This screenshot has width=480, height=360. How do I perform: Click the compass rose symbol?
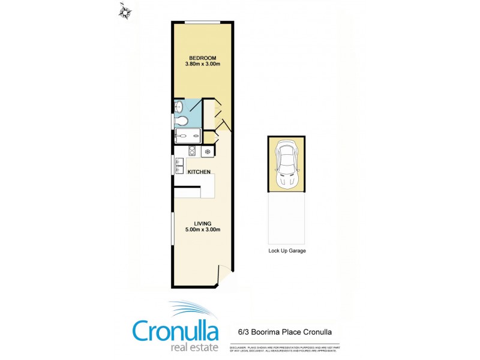point(125,10)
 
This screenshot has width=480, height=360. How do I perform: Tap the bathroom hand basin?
point(178,107)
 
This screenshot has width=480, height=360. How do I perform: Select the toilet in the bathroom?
point(182,121)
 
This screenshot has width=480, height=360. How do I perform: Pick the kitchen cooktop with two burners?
point(193,151)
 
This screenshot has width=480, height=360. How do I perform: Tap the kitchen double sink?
point(179,164)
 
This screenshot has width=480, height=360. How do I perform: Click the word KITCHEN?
point(199,172)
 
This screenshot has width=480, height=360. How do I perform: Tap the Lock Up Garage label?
point(287,251)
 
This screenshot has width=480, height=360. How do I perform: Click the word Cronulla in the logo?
point(177,331)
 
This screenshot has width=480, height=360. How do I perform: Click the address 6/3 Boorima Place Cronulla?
point(281,331)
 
